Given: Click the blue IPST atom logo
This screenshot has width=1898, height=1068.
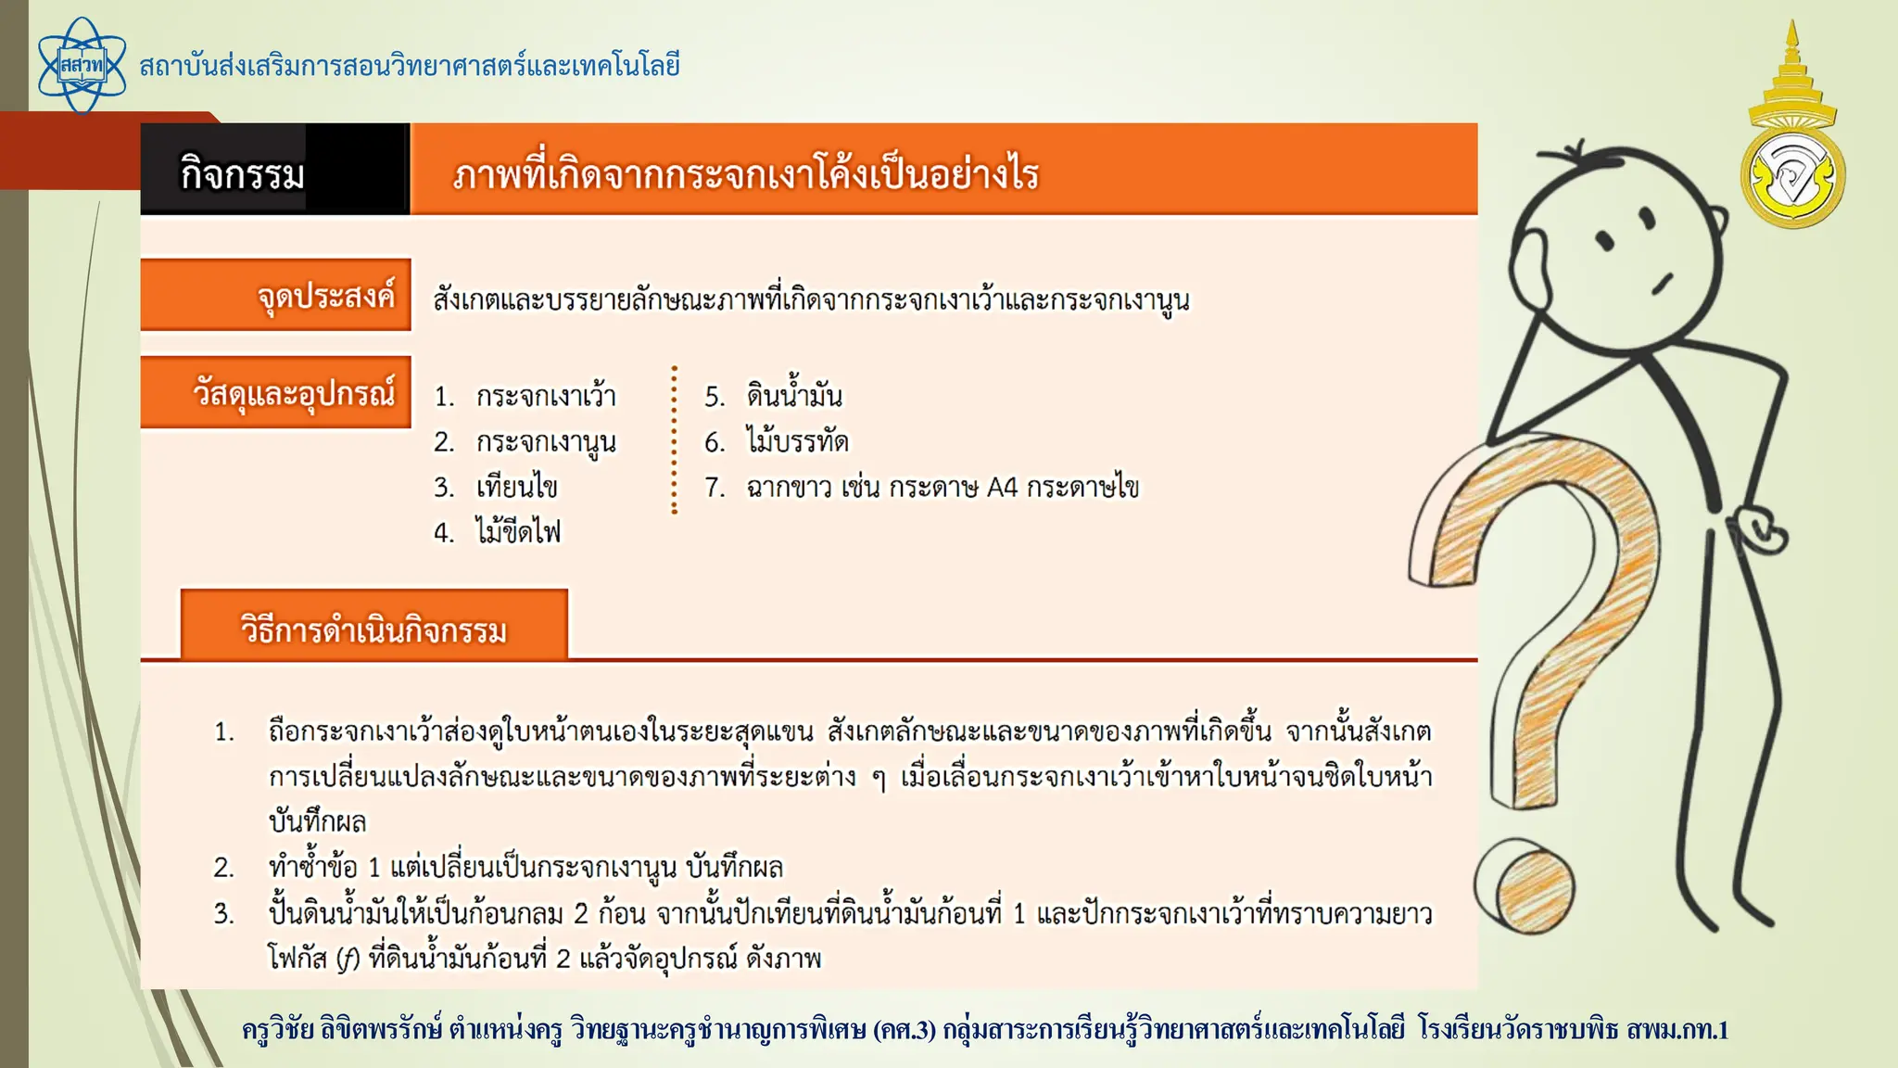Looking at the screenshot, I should [82, 66].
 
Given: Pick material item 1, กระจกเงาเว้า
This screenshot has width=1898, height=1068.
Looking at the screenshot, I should [545, 397].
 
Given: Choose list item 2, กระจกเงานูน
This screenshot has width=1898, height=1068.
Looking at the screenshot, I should [545, 442].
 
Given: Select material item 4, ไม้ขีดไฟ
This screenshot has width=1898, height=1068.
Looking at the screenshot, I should [517, 532].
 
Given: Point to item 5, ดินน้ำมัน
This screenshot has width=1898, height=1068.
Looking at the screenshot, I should [793, 396].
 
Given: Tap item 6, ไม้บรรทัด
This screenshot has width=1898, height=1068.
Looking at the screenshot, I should [797, 441].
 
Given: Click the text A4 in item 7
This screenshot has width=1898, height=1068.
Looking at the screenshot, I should [1002, 488].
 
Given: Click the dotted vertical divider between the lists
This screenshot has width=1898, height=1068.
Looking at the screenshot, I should [674, 440].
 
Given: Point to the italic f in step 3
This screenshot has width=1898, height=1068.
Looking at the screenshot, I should [347, 959].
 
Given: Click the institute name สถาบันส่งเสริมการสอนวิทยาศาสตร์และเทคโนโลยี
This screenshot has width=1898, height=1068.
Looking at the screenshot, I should [410, 66].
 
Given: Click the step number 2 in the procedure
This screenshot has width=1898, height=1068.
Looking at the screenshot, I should [223, 868].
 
